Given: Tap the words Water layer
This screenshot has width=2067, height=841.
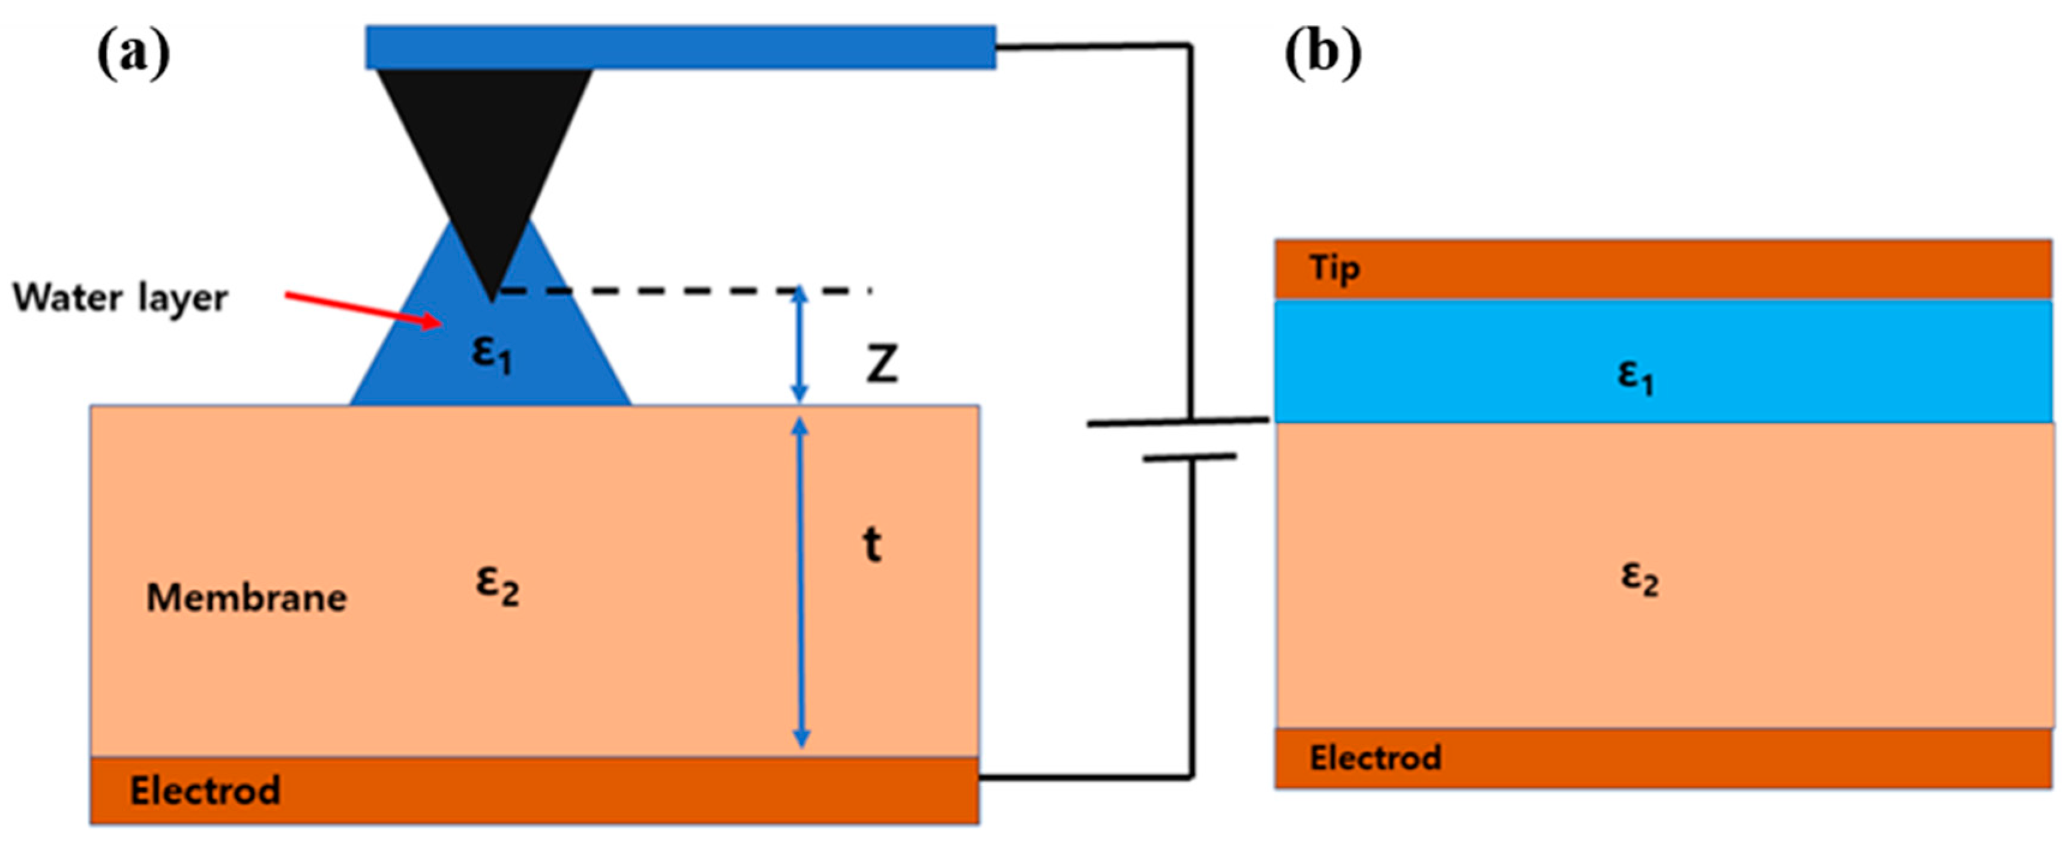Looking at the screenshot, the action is [121, 298].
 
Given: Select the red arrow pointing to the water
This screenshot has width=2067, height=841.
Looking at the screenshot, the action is [364, 310].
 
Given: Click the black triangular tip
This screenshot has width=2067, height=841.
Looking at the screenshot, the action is [486, 160].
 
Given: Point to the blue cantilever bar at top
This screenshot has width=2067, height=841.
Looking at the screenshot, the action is [681, 47].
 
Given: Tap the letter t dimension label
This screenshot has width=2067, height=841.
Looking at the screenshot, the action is [872, 545].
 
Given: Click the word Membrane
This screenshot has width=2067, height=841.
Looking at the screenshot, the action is [246, 598].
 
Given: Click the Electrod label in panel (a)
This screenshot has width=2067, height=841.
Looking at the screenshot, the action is [205, 791].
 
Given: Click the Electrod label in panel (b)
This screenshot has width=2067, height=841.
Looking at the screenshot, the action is [1376, 758].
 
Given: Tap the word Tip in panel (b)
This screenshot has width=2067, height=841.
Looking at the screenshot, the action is [1334, 268].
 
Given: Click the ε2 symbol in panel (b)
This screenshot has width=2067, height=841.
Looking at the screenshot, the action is [1639, 579].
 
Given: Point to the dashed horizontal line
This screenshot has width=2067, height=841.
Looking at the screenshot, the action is [682, 291].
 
